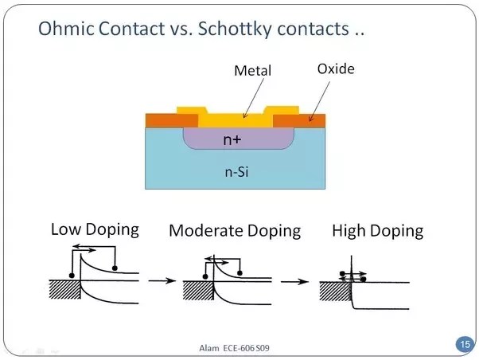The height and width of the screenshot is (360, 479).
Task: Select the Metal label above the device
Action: [252, 71]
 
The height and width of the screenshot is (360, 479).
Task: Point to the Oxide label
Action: [336, 69]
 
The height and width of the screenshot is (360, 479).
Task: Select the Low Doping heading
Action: [95, 229]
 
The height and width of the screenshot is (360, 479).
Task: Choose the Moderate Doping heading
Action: [235, 231]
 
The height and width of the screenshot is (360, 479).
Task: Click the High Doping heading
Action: [377, 231]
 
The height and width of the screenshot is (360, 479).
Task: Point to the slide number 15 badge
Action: [463, 344]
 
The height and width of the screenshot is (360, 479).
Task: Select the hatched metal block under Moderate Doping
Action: [197, 288]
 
